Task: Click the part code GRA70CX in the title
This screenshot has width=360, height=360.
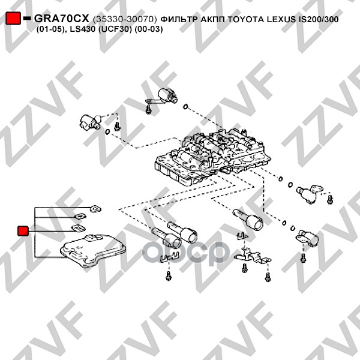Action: tap(61, 19)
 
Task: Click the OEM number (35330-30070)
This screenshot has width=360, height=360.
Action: tap(125, 19)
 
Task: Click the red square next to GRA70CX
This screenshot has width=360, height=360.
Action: tap(13, 19)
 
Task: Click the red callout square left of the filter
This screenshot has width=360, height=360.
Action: tap(23, 231)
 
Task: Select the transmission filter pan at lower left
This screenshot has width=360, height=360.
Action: tap(93, 251)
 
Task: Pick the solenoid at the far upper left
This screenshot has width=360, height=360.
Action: tap(90, 121)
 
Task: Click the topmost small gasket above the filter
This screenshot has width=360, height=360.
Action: tap(95, 209)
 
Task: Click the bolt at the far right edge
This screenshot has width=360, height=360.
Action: tap(330, 199)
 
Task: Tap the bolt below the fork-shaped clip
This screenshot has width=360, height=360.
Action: tap(169, 275)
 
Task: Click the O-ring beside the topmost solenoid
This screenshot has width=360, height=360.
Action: tap(185, 107)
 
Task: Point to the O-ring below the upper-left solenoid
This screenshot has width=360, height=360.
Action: tap(107, 132)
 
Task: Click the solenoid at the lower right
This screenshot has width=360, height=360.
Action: tap(307, 238)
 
